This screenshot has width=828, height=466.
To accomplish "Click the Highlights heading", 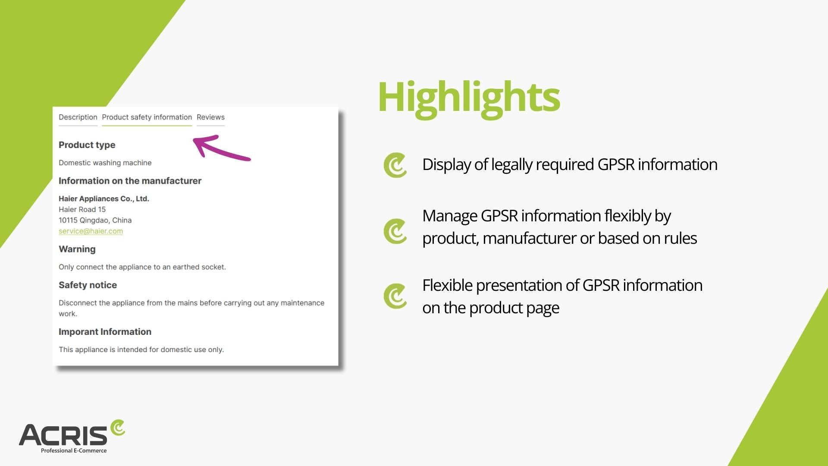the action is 469,98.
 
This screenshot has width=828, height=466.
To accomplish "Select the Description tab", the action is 78,117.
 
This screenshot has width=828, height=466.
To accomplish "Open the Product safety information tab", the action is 147,117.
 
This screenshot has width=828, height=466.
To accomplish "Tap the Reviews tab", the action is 210,117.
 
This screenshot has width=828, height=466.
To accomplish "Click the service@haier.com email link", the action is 91,231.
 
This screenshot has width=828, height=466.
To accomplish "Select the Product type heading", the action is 87,145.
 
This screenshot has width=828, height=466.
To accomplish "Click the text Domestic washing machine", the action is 105,163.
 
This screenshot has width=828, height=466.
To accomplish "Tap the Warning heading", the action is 77,249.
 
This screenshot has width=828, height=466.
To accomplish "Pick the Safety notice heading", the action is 88,285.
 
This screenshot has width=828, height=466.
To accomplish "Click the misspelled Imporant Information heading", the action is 105,332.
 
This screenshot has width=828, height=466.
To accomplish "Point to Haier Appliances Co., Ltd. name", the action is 103,198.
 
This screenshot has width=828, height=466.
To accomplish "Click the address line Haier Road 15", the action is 82,209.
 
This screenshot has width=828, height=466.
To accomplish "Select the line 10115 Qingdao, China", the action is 95,220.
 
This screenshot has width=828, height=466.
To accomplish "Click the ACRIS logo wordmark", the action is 63,435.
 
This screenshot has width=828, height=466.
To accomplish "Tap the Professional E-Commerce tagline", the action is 74,450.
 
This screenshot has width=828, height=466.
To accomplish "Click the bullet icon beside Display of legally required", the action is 395,165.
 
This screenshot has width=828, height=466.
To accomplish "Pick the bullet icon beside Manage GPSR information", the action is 395,231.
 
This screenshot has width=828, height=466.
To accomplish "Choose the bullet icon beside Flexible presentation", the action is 395,296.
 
